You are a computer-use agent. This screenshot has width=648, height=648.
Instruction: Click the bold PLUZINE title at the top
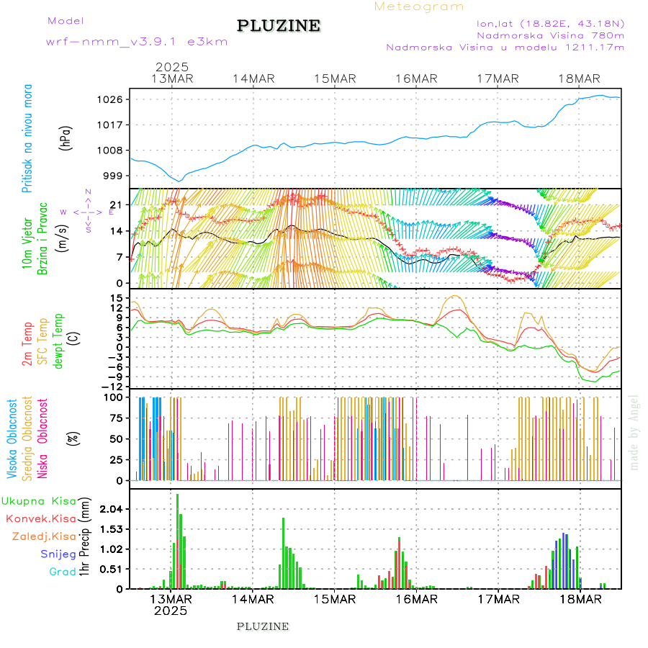pyautogui.click(x=279, y=26)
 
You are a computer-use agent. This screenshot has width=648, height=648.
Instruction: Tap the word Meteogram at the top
pyautogui.click(x=419, y=6)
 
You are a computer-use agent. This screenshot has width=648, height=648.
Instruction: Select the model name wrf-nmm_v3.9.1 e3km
pyautogui.click(x=136, y=42)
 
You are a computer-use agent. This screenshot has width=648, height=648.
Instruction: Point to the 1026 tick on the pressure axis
pyautogui.click(x=116, y=99)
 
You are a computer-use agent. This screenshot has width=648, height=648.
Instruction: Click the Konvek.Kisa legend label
pyautogui.click(x=40, y=518)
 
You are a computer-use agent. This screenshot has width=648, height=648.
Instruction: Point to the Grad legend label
pyautogui.click(x=63, y=572)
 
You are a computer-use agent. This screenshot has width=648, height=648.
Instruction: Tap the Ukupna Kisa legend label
pyautogui.click(x=39, y=500)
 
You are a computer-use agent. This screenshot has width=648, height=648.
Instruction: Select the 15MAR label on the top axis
pyautogui.click(x=335, y=78)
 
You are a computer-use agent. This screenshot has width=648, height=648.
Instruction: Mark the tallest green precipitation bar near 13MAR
pyautogui.click(x=177, y=540)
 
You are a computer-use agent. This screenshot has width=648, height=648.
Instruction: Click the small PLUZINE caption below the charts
pyautogui.click(x=263, y=626)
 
